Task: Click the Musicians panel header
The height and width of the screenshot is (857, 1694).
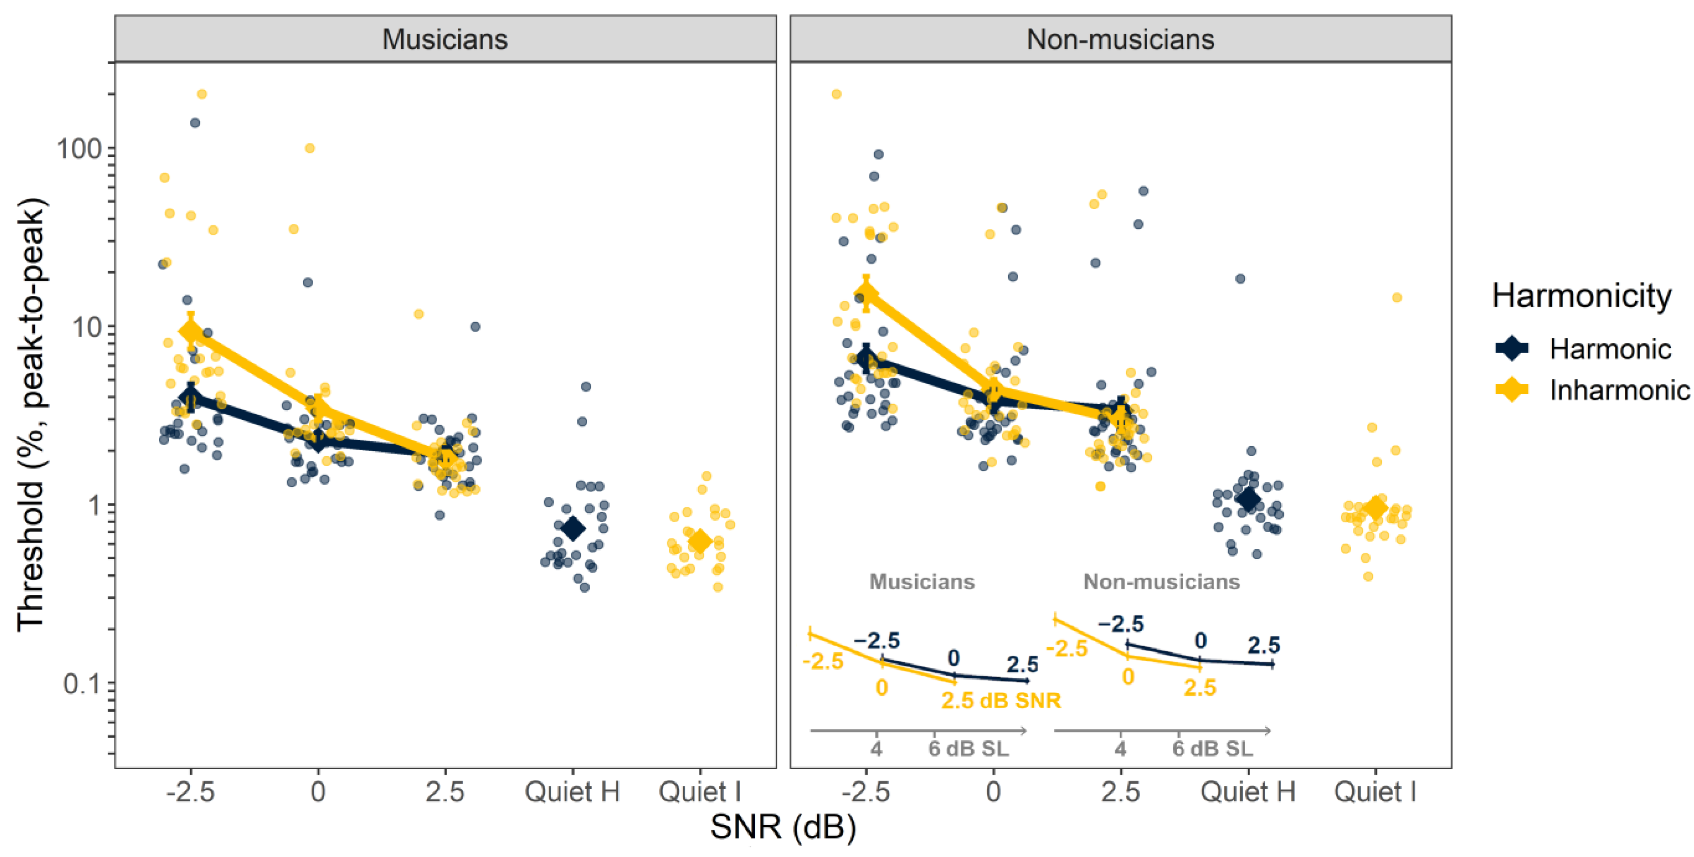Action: [x=445, y=39]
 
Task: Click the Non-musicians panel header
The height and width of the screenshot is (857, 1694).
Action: [x=1120, y=39]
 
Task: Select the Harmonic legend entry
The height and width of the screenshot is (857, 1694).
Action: [x=1609, y=349]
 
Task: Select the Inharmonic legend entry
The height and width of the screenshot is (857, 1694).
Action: [x=1618, y=390]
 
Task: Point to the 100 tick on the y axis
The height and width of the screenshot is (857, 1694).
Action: [x=79, y=148]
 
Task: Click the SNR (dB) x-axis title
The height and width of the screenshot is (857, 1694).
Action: [x=782, y=827]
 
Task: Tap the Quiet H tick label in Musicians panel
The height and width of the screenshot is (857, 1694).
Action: [x=572, y=791]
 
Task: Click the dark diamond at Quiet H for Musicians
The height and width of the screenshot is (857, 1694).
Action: [x=573, y=528]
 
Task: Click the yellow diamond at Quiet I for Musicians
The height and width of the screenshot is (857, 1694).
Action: [x=700, y=541]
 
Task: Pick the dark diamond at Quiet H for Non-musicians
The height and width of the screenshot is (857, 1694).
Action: [x=1248, y=500]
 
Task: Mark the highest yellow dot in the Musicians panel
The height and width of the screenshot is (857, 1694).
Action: [x=202, y=94]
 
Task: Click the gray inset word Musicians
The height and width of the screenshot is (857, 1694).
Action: [x=922, y=582]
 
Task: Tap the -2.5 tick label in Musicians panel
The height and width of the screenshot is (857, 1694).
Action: [x=191, y=791]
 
